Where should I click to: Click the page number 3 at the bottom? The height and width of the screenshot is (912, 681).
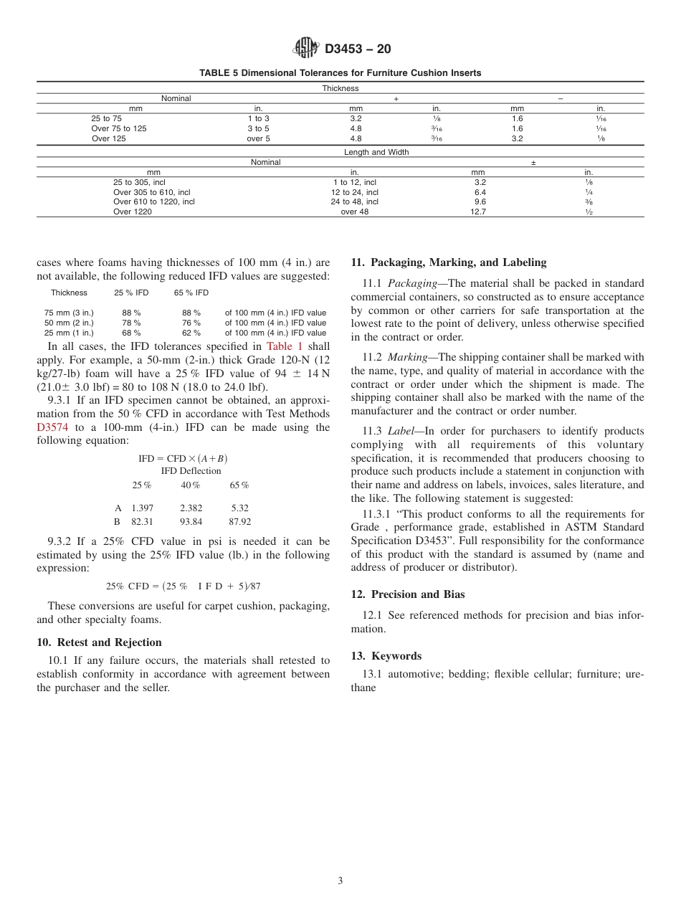(340, 880)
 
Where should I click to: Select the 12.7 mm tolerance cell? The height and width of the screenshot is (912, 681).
(478, 212)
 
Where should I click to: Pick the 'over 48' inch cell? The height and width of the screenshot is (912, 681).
(355, 212)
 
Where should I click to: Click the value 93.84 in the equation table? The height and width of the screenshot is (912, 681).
(191, 522)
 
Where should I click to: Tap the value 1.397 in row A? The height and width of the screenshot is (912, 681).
(142, 508)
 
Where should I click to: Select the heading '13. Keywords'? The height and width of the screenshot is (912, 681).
(386, 656)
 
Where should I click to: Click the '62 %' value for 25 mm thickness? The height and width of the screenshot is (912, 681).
(191, 333)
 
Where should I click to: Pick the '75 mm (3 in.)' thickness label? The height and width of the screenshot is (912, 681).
(69, 313)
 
